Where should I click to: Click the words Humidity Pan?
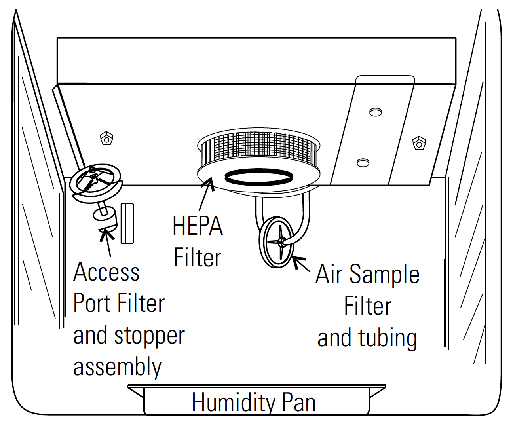254,402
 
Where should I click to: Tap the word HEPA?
198,226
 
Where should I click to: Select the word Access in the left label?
106,271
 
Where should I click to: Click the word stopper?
149,336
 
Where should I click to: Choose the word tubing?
388,339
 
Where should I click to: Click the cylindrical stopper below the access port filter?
105,219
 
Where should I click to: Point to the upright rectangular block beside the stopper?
127,223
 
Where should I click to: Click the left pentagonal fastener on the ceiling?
106,139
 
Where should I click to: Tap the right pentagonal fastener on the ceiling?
419,143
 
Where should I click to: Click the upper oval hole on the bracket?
376,112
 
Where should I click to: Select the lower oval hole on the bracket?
363,163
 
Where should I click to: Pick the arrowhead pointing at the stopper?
106,235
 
